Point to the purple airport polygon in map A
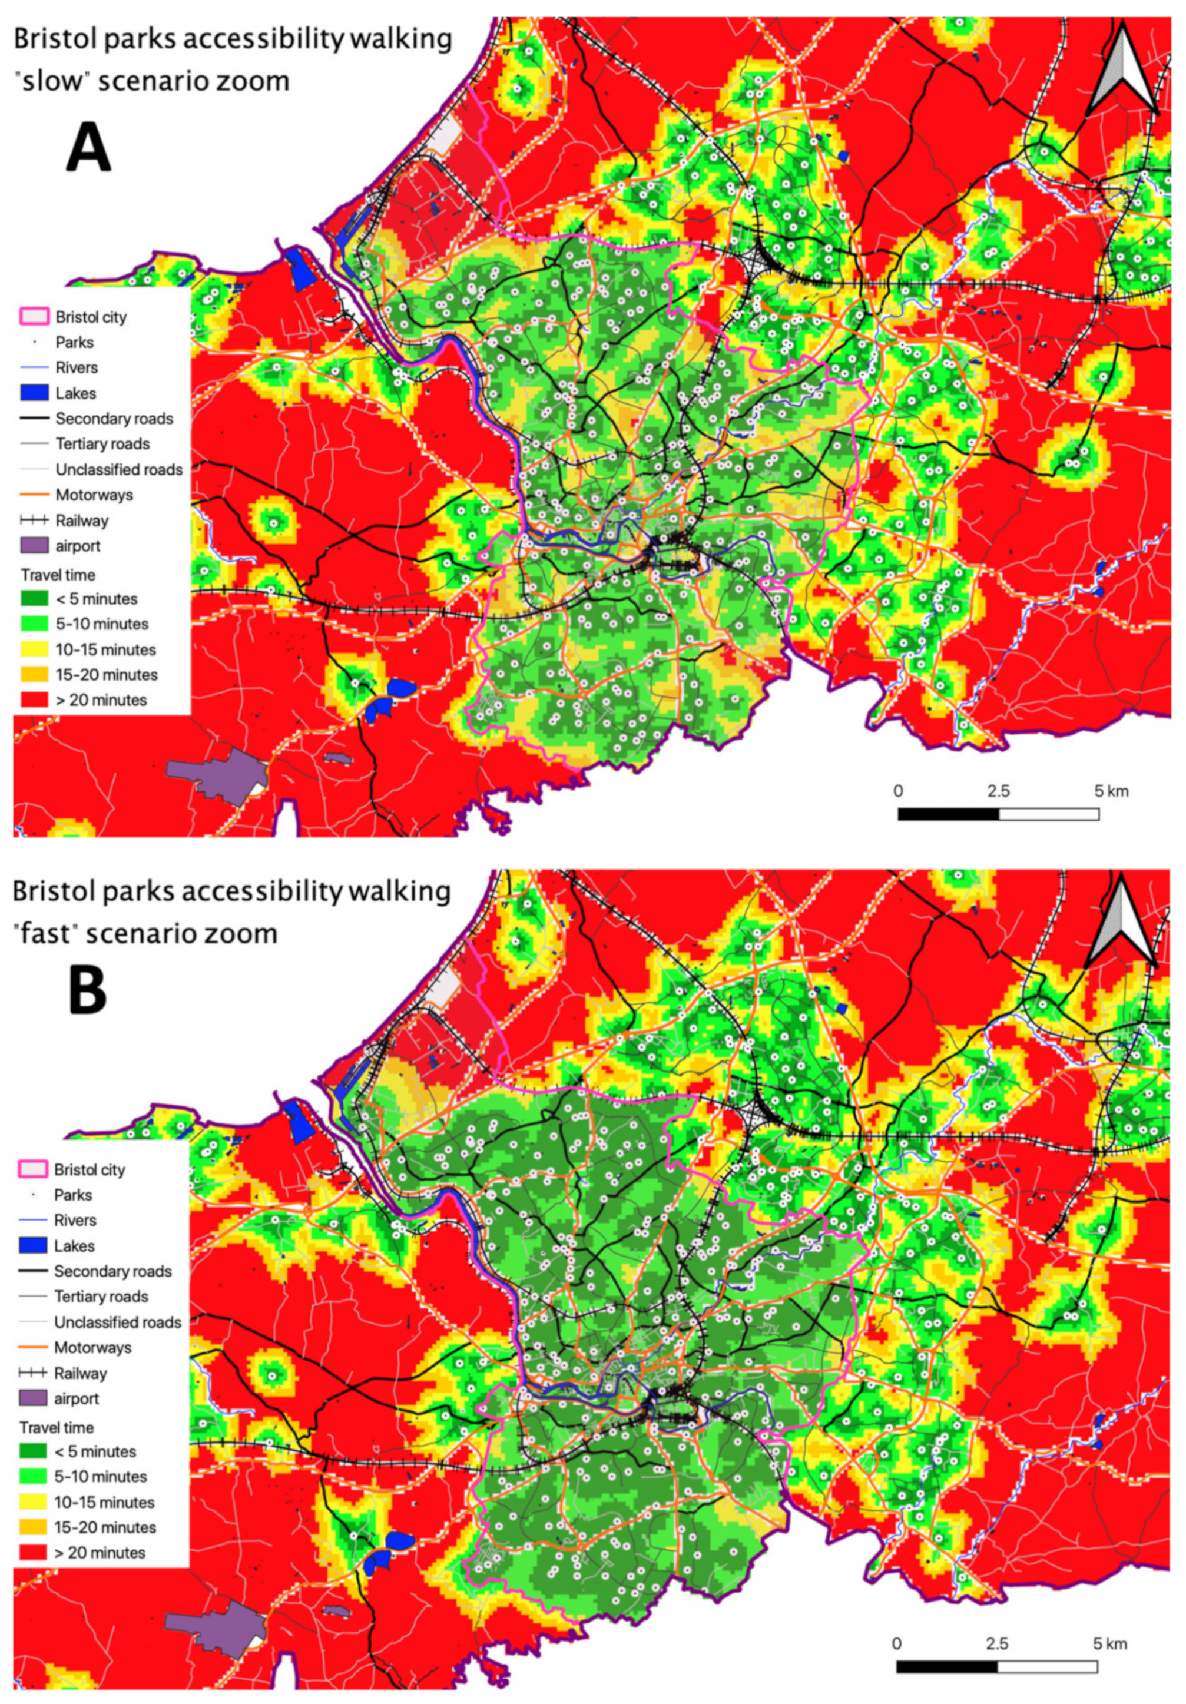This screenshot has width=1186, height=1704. (212, 776)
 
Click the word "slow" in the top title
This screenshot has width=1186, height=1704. (52, 80)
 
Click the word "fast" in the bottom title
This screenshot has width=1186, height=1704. (51, 932)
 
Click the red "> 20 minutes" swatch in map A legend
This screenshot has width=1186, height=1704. (34, 700)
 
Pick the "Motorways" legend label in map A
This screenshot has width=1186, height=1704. (94, 495)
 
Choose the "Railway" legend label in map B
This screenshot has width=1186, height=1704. (80, 1373)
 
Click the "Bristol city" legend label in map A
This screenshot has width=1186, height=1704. (91, 317)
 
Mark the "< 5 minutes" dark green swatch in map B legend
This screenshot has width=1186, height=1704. (32, 1451)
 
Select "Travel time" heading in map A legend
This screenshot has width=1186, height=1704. (58, 575)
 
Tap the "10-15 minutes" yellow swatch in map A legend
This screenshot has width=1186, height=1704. (34, 649)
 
